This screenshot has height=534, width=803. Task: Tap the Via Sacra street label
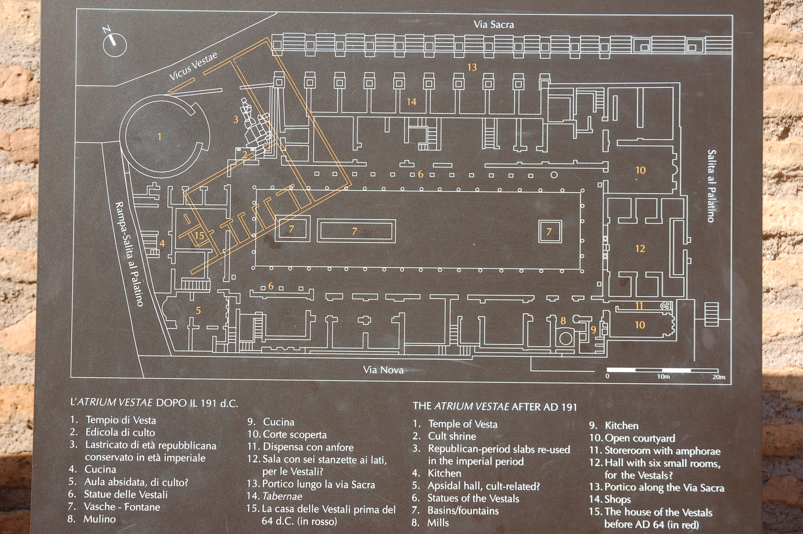[494, 25]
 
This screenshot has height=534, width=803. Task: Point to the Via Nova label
[383, 370]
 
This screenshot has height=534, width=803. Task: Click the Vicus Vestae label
[193, 67]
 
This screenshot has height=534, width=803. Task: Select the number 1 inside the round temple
[159, 137]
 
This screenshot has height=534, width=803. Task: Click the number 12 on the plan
[640, 249]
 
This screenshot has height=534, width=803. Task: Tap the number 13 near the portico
[472, 67]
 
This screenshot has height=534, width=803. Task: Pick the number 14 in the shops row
[412, 101]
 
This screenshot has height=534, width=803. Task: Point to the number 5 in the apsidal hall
[198, 310]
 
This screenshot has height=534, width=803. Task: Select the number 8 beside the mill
[563, 320]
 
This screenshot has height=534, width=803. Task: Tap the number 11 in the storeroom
[639, 305]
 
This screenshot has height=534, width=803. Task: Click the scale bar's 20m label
[719, 377]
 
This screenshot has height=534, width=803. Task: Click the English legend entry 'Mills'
[438, 523]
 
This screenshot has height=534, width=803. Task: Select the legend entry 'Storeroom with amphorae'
[662, 451]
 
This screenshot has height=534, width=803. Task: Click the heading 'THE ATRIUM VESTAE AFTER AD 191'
[495, 407]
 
